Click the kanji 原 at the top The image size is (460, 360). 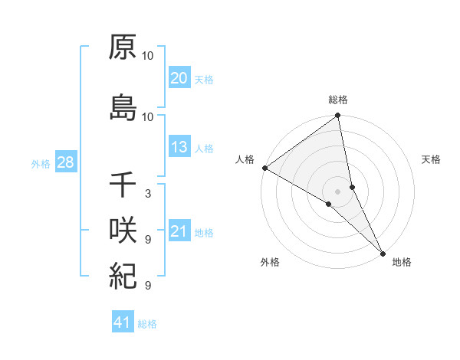pyautogui.click(x=123, y=47)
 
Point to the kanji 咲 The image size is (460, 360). pyautogui.click(x=123, y=230)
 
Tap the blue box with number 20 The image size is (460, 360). pyautogui.click(x=179, y=78)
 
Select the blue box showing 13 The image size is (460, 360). pyautogui.click(x=179, y=147)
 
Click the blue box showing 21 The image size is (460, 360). pyautogui.click(x=179, y=231)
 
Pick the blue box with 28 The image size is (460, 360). pyautogui.click(x=65, y=163)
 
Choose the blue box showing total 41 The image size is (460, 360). pyautogui.click(x=123, y=322)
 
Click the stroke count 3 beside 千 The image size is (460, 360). pyautogui.click(x=147, y=194)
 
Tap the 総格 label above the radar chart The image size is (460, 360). pyautogui.click(x=338, y=100)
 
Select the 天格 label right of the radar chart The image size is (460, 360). pyautogui.click(x=432, y=159)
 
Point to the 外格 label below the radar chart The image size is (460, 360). pyautogui.click(x=270, y=262)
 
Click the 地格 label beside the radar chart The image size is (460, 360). pyautogui.click(x=402, y=262)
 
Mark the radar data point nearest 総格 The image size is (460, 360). pyautogui.click(x=338, y=117)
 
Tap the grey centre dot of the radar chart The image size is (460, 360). pyautogui.click(x=338, y=191)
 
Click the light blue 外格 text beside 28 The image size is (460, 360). pyautogui.click(x=41, y=164)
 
